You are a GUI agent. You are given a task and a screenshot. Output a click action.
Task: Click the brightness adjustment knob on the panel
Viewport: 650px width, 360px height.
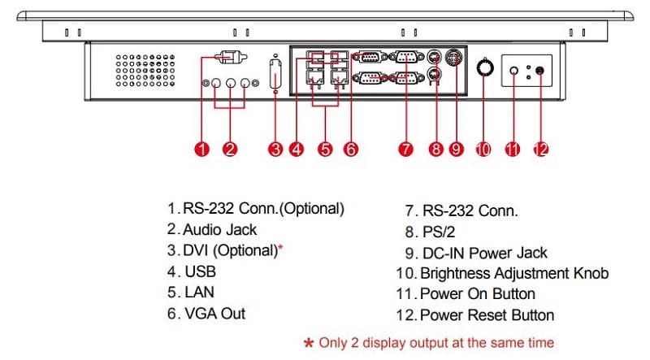484,70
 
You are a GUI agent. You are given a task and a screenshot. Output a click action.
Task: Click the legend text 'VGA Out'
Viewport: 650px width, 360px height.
214,313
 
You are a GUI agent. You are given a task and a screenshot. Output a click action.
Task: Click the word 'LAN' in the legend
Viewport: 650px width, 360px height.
200,292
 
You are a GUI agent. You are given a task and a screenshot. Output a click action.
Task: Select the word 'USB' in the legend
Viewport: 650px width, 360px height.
200,271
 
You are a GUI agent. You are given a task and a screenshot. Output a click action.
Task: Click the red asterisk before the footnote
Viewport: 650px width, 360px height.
309,343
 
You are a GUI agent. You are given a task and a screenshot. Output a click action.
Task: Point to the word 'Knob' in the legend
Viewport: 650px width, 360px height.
589,273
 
